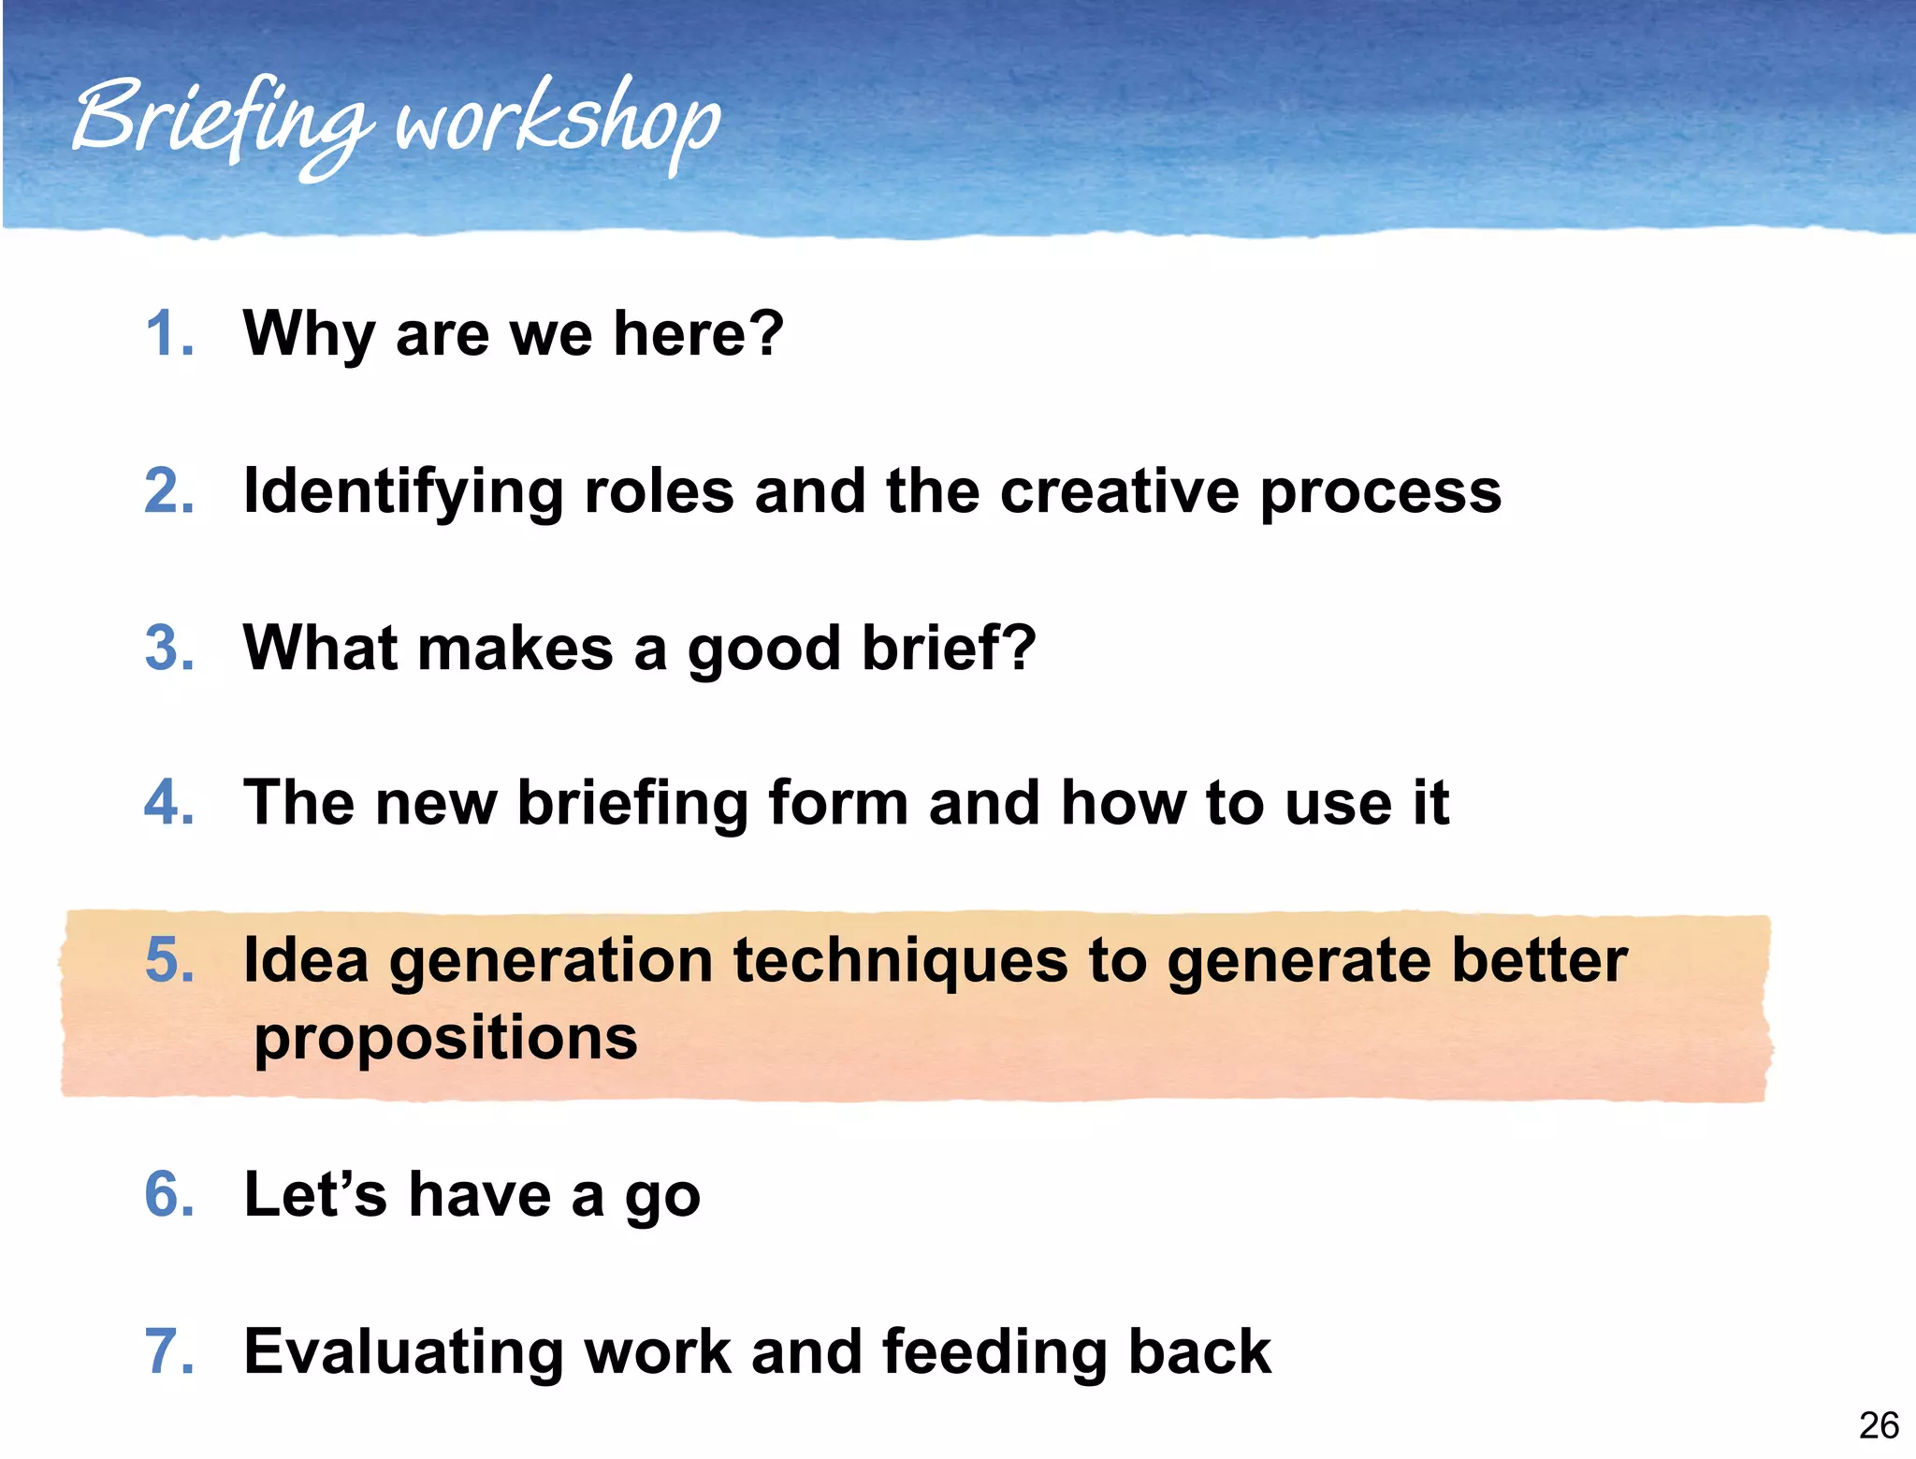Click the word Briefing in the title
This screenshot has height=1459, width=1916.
pyautogui.click(x=220, y=122)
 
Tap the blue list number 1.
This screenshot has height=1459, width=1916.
pyautogui.click(x=169, y=334)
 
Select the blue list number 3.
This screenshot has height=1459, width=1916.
pyautogui.click(x=169, y=648)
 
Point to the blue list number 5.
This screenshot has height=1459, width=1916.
pyautogui.click(x=169, y=960)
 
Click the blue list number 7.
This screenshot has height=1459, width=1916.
pyautogui.click(x=169, y=1351)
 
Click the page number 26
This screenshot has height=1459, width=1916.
pyautogui.click(x=1878, y=1425)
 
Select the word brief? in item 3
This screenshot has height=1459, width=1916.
pyautogui.click(x=949, y=648)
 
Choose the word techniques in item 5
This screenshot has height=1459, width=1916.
pyautogui.click(x=900, y=962)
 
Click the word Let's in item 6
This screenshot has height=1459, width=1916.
pyautogui.click(x=314, y=1195)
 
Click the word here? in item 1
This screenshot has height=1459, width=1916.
pyautogui.click(x=698, y=334)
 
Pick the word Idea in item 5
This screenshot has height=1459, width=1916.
pyautogui.click(x=305, y=960)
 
